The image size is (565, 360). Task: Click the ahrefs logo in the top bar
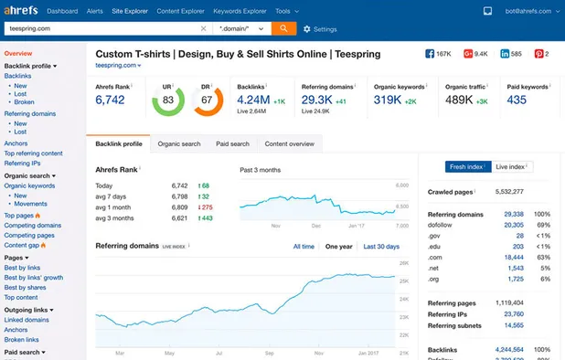coord(21,11)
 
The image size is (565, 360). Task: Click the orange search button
coord(283,28)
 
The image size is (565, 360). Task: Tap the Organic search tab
coord(179,143)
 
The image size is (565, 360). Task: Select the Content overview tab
coord(289,143)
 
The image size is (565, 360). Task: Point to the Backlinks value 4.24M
coord(253,100)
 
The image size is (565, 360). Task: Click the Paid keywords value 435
coord(517,100)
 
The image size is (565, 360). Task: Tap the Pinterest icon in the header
coord(538,54)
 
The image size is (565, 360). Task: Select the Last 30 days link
coord(381,247)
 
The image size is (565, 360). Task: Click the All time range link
coord(304,247)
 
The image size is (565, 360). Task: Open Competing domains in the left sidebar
coord(33,225)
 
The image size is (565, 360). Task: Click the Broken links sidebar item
coord(23,340)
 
